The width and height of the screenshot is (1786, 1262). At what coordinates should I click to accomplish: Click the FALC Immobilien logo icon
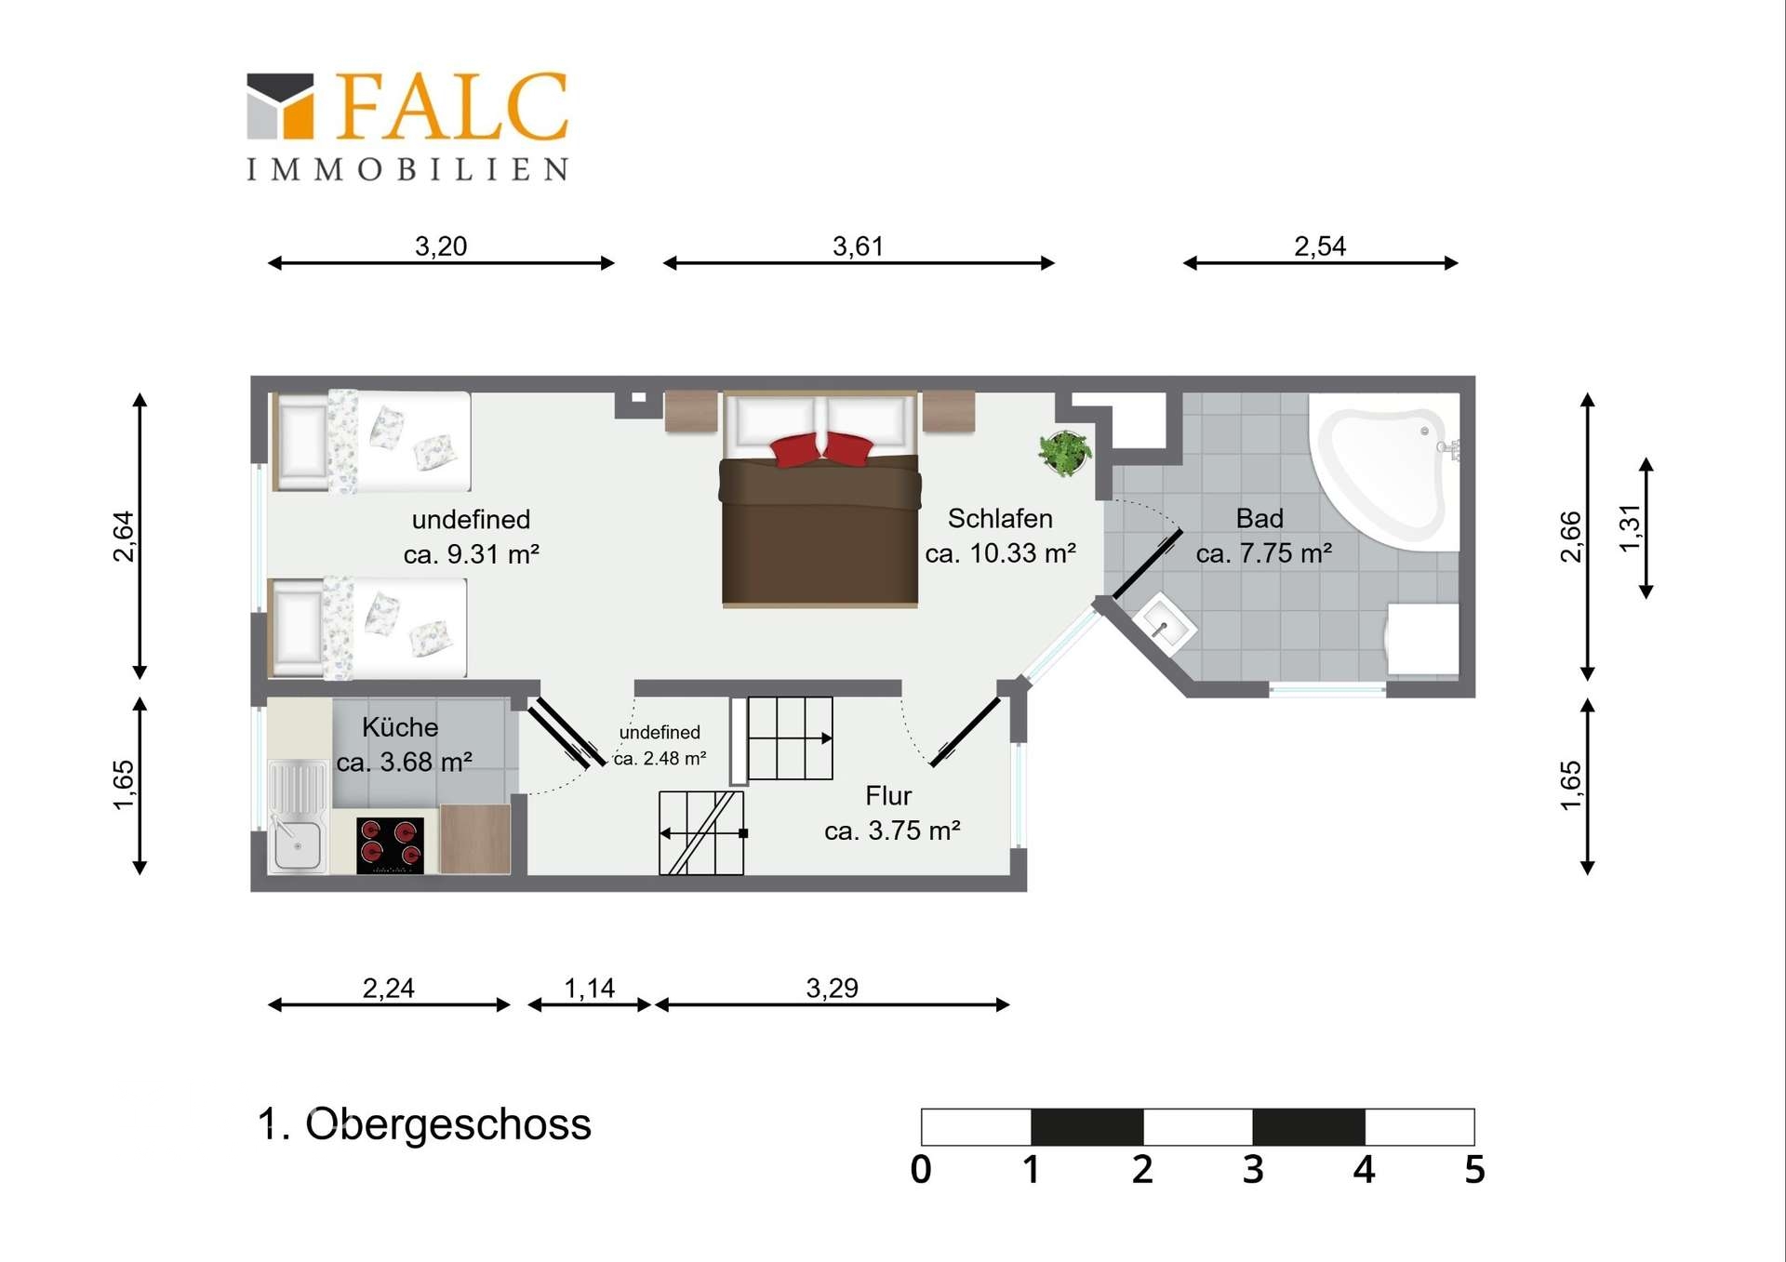click(280, 106)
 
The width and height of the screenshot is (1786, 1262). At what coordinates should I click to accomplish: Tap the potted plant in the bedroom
click(1065, 453)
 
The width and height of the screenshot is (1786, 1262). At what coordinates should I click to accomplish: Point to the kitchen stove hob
click(391, 845)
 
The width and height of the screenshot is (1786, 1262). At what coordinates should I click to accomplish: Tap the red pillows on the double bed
click(821, 448)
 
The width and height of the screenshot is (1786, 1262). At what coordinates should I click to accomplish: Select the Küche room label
click(400, 727)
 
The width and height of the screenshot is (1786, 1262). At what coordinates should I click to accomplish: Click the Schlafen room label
click(1000, 518)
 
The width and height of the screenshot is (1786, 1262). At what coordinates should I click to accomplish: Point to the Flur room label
click(888, 796)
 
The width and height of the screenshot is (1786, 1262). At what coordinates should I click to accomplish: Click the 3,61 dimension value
click(858, 246)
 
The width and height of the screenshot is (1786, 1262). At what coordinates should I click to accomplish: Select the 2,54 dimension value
click(1320, 246)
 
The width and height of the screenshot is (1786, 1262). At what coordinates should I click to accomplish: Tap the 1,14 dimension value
click(590, 988)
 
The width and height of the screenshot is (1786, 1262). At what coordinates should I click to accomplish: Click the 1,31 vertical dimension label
click(1630, 527)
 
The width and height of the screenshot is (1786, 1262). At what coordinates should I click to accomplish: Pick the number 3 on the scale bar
click(1253, 1169)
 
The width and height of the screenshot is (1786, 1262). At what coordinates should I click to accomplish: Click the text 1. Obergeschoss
click(424, 1124)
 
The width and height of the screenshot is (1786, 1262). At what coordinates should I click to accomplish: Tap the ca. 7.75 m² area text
click(1264, 553)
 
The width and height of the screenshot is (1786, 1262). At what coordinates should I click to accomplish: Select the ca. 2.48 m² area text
click(660, 759)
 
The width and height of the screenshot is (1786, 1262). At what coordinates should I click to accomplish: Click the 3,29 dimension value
click(833, 988)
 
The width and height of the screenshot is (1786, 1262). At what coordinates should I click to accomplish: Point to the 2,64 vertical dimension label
click(124, 537)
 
